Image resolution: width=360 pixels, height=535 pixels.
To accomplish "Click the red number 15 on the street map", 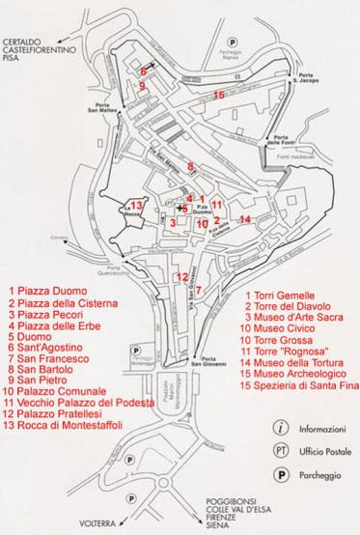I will (x=219, y=95).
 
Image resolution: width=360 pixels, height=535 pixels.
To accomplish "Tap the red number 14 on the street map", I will (x=244, y=219).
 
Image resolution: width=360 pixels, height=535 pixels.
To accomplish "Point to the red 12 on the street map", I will (x=181, y=277).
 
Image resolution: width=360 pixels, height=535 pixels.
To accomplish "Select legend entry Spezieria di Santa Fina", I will (x=303, y=386).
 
